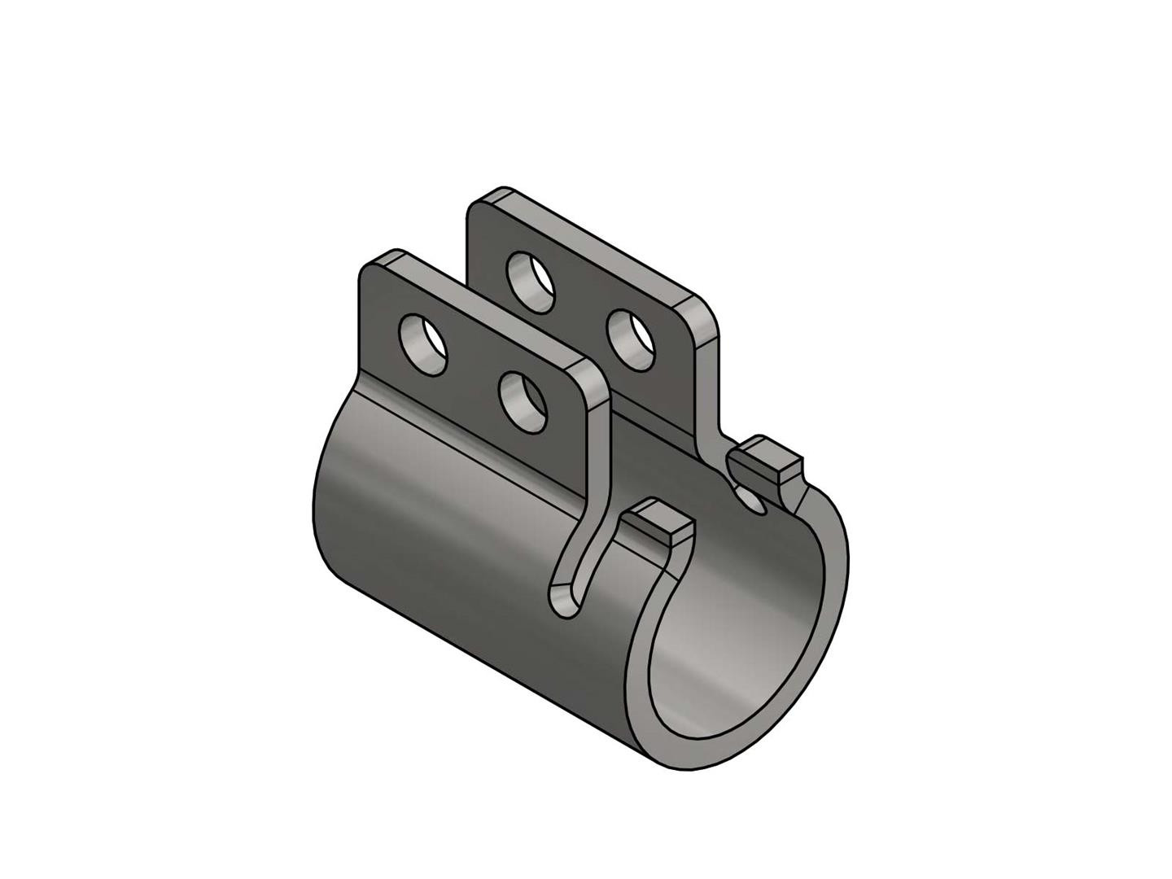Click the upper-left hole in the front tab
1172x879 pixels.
tap(422, 344)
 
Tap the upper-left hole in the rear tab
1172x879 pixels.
tap(530, 282)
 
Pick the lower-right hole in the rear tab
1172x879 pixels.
tap(632, 338)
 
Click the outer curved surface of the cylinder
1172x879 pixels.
tap(439, 529)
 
